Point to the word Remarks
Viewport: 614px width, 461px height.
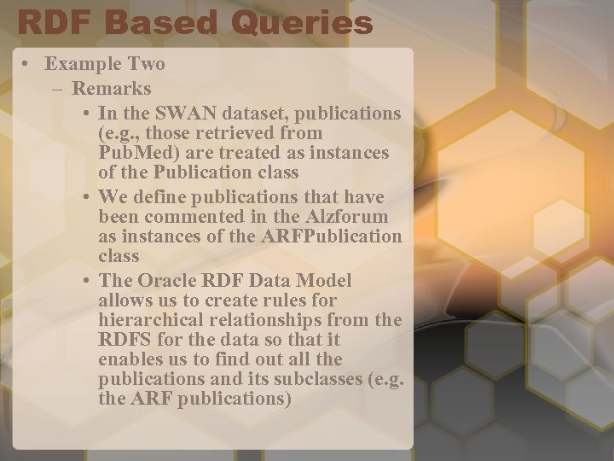(x=112, y=88)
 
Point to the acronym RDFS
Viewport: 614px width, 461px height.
(x=124, y=341)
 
